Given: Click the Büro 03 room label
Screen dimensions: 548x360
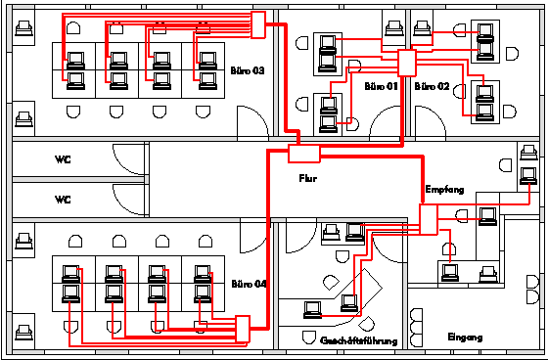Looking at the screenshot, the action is tap(247, 70).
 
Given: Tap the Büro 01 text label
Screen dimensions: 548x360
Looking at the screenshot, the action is tap(381, 86).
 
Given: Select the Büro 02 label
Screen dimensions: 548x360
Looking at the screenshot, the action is tap(432, 86).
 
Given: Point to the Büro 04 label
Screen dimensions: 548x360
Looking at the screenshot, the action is tap(249, 284).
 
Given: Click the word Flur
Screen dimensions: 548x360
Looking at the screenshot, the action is tap(308, 178).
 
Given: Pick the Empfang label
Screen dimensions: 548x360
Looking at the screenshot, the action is tap(444, 190).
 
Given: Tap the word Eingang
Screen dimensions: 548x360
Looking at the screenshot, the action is tap(465, 337).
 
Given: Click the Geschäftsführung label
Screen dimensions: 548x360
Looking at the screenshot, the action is tap(359, 340).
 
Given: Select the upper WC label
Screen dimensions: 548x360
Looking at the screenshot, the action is tap(63, 159).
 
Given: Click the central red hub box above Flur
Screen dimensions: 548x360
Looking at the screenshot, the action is tap(304, 154).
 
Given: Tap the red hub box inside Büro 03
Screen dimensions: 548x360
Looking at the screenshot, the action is tap(258, 24).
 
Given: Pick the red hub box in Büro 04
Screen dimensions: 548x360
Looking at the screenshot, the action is tap(243, 329).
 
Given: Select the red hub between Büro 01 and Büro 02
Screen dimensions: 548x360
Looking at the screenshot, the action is tap(407, 63).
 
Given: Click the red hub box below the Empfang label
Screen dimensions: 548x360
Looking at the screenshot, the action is tap(429, 219).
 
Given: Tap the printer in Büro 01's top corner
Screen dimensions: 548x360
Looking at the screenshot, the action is tap(394, 28).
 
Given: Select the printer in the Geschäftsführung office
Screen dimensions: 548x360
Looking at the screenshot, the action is tap(331, 233).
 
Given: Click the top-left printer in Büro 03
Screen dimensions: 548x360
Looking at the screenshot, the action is tap(23, 28).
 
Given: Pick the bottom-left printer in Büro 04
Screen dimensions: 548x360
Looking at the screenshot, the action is tap(23, 333).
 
